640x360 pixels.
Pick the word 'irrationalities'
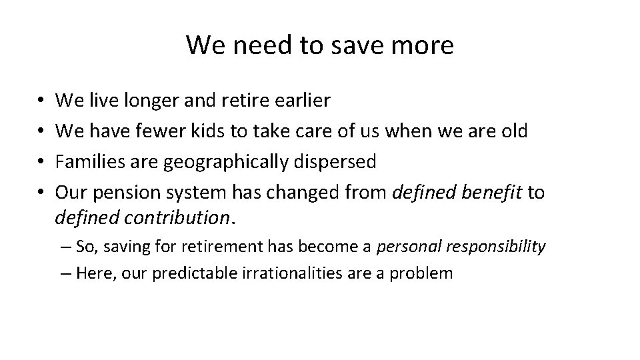coord(299,273)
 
